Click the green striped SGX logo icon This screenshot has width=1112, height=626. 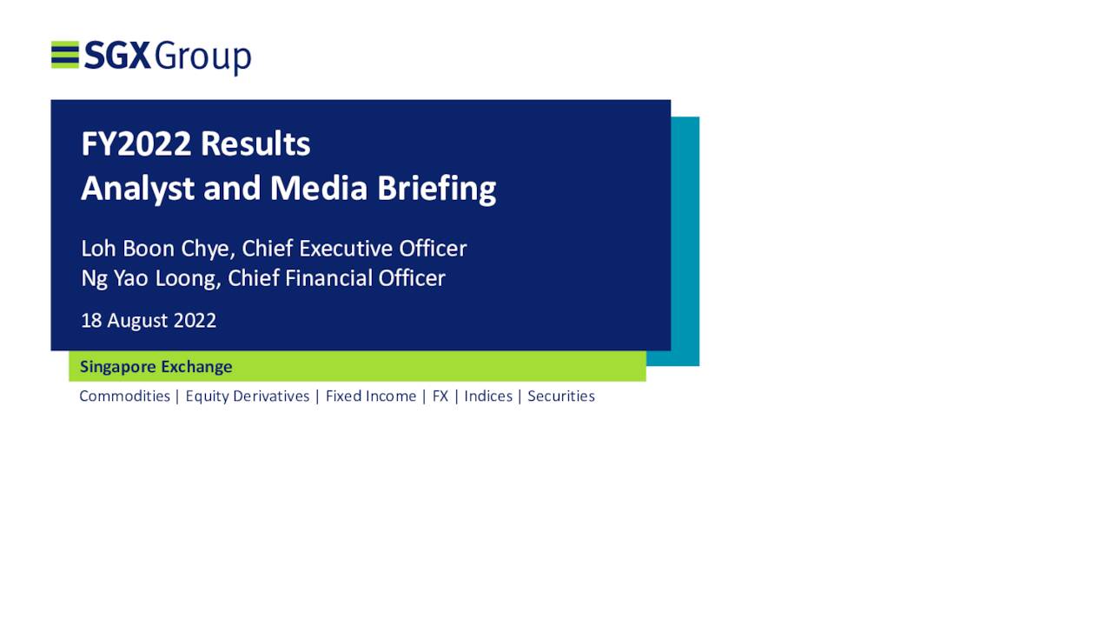tap(65, 54)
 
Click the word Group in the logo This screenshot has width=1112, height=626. tap(203, 57)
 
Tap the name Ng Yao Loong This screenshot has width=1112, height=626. tap(151, 278)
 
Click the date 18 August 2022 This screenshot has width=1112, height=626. tap(149, 321)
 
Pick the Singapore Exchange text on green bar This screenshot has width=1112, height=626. tap(156, 367)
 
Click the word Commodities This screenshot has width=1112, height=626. tap(125, 396)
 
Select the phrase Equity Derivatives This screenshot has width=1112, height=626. tap(248, 396)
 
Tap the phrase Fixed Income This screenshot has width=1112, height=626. tap(371, 396)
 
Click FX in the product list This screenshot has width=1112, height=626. tap(440, 396)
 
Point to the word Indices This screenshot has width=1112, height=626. tap(488, 396)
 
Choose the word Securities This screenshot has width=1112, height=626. tap(561, 396)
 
